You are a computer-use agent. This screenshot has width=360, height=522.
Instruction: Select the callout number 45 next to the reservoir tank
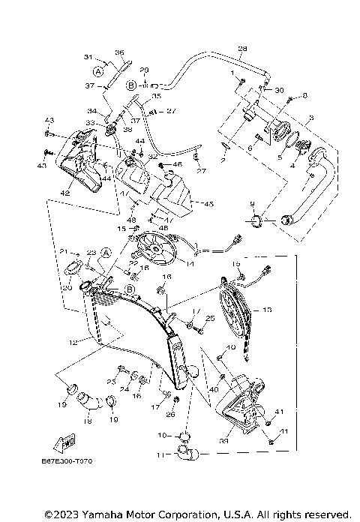(x=208, y=204)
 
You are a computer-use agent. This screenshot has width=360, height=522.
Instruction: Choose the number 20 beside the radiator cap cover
(x=65, y=287)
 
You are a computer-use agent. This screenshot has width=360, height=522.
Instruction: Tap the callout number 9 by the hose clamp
(x=252, y=204)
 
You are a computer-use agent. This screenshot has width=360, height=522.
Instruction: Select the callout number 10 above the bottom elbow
(x=162, y=435)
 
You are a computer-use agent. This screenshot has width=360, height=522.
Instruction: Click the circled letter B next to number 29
(x=130, y=85)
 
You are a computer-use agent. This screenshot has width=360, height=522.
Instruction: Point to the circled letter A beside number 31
(x=97, y=71)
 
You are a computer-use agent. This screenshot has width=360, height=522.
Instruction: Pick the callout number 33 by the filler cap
(x=90, y=123)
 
